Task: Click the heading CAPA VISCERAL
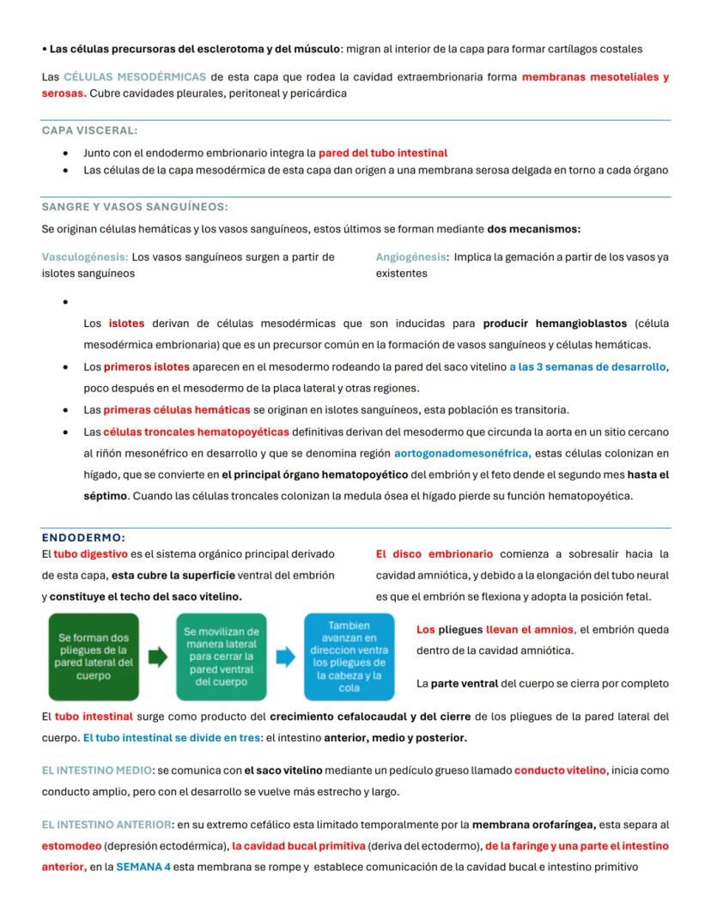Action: (89, 130)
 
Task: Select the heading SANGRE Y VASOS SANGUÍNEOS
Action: (135, 207)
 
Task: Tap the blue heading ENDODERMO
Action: (82, 537)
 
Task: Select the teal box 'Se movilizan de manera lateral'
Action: (222, 656)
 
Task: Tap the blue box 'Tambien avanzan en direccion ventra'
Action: (349, 656)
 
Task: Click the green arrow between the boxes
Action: (158, 657)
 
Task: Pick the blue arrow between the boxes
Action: (285, 657)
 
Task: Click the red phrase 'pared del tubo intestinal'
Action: (383, 153)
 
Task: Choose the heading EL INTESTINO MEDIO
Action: (97, 771)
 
